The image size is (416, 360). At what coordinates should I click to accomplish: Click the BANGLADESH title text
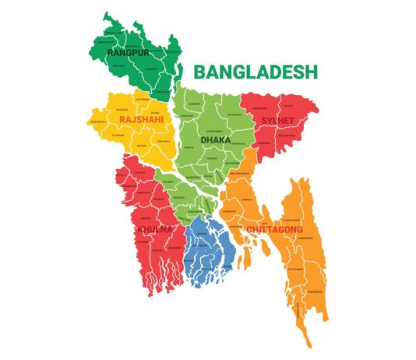tap(256, 72)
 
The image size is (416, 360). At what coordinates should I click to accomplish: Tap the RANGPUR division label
tap(129, 52)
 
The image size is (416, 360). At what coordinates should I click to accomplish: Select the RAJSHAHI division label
tap(141, 119)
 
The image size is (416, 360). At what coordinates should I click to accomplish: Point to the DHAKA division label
tap(216, 139)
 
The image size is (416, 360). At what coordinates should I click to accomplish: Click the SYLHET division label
tap(278, 121)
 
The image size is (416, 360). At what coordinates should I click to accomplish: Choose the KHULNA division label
tap(154, 230)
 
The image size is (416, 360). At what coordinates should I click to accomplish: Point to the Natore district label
tap(142, 146)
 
